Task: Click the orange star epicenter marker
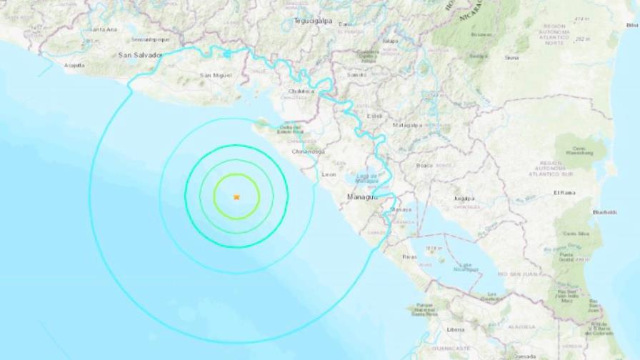(236, 196)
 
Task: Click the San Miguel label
(215, 75)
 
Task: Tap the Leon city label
(329, 174)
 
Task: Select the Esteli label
(374, 116)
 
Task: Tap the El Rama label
(564, 193)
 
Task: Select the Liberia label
(455, 329)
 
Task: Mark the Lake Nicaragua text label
(467, 266)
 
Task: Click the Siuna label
(511, 58)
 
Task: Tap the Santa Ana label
(104, 29)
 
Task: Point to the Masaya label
(399, 210)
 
